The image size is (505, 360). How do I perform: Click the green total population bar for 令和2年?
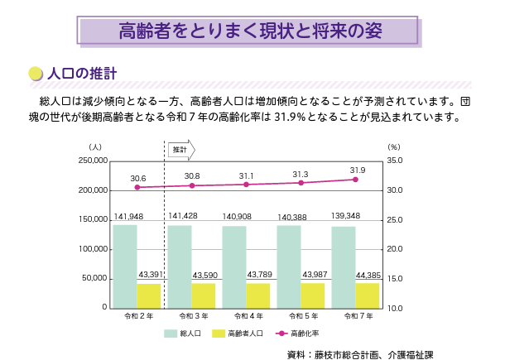(125, 266)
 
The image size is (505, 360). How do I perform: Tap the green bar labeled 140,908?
(234, 266)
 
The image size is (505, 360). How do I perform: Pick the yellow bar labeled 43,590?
(204, 295)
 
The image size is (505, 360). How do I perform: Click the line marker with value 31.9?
(355, 180)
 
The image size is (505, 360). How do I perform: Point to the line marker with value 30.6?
(137, 187)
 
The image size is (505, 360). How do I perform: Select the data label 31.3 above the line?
(301, 174)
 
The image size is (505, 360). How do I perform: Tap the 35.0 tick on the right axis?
(395, 161)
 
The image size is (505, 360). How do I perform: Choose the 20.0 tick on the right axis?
(395, 249)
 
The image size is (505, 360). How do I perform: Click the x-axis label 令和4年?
(248, 316)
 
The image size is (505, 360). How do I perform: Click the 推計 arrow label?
(180, 150)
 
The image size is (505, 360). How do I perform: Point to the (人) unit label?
(95, 146)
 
